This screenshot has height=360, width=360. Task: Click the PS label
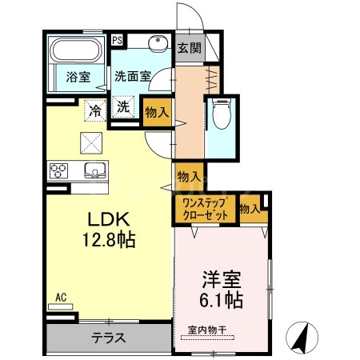click(x=117, y=40)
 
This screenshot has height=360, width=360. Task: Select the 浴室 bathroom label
click(x=77, y=78)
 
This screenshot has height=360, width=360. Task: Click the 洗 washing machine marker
click(x=125, y=108)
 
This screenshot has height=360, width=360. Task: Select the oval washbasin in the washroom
click(x=157, y=45)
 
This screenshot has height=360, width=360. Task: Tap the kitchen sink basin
click(x=94, y=170)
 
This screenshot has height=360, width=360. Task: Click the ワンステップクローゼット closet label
click(x=205, y=210)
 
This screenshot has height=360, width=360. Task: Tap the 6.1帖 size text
click(x=223, y=302)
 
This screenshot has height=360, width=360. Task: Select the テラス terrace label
click(x=108, y=338)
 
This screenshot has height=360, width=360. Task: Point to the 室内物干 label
click(x=207, y=330)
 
